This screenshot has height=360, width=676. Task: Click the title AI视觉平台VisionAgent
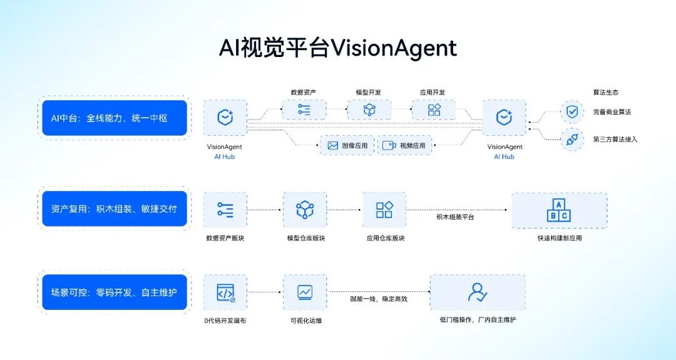coord(338,48)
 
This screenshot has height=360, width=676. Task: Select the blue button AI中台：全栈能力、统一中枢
coord(115,118)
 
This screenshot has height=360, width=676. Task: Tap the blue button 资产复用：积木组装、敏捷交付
coord(115,208)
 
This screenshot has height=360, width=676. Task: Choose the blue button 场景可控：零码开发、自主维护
coord(115,292)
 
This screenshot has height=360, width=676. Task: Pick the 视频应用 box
coord(405,145)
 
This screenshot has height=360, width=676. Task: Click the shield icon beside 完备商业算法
coord(571,112)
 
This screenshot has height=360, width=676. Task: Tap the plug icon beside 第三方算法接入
coord(571,139)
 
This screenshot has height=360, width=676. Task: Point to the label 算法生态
coord(605,93)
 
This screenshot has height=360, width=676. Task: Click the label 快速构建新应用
coord(559,238)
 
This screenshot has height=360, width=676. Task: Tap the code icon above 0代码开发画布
coord(225,292)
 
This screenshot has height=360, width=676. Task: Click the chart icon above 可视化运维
coord(305,292)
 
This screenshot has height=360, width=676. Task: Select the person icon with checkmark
coord(477,292)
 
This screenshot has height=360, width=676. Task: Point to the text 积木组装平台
coord(455,217)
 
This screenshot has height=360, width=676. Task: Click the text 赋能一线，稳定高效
coord(379,299)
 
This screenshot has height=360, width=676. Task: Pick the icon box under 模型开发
coord(369,110)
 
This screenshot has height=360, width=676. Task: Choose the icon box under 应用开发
coord(433,110)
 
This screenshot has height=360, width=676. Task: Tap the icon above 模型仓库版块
coord(305,210)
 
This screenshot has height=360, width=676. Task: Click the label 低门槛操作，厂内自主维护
coord(478,320)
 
